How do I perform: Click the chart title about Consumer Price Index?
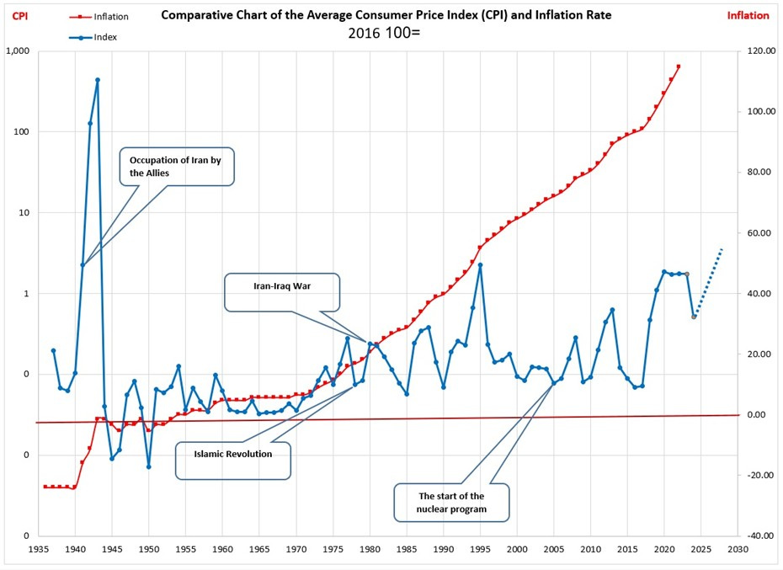386,15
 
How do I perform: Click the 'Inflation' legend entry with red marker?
111,17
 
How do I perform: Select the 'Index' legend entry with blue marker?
105,36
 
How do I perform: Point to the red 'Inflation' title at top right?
748,15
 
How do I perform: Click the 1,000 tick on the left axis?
19,51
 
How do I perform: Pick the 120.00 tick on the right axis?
757,51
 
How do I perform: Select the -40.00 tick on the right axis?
757,536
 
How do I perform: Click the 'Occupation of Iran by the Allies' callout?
174,166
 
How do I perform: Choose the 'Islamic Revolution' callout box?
232,454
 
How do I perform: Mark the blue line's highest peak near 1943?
98,80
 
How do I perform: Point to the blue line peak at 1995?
480,264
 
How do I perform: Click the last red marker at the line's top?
679,67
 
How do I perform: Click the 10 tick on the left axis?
24,213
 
